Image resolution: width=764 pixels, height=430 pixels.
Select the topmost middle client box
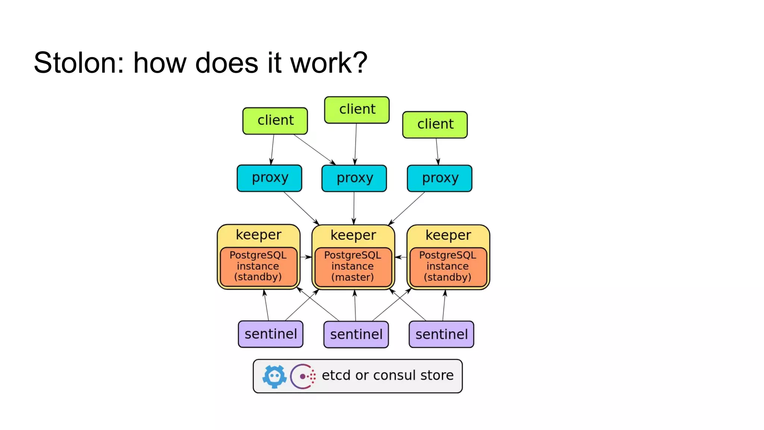click(x=357, y=110)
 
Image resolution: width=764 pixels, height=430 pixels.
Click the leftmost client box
click(x=275, y=121)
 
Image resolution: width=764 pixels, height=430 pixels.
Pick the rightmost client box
click(x=435, y=125)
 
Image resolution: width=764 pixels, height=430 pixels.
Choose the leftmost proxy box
click(x=269, y=178)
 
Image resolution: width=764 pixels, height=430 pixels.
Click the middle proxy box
click(x=354, y=178)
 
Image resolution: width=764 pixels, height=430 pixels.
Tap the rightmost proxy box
click(x=439, y=178)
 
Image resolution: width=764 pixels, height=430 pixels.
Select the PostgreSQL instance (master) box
click(x=353, y=267)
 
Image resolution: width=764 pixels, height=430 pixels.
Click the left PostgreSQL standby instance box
click(x=258, y=267)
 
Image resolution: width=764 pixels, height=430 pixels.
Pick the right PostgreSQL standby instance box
click(x=448, y=267)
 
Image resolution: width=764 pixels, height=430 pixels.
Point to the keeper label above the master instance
click(x=353, y=235)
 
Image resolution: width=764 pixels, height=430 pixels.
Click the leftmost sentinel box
click(x=270, y=334)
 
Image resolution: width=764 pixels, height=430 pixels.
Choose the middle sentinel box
click(x=356, y=334)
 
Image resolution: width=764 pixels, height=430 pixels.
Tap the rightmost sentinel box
click(x=441, y=334)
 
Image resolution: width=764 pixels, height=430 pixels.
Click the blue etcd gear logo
click(x=275, y=376)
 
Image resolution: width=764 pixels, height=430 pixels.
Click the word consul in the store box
click(x=394, y=375)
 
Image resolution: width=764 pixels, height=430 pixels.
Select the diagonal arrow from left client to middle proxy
click(x=314, y=149)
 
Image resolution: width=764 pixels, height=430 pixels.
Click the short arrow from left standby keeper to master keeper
click(x=306, y=257)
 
